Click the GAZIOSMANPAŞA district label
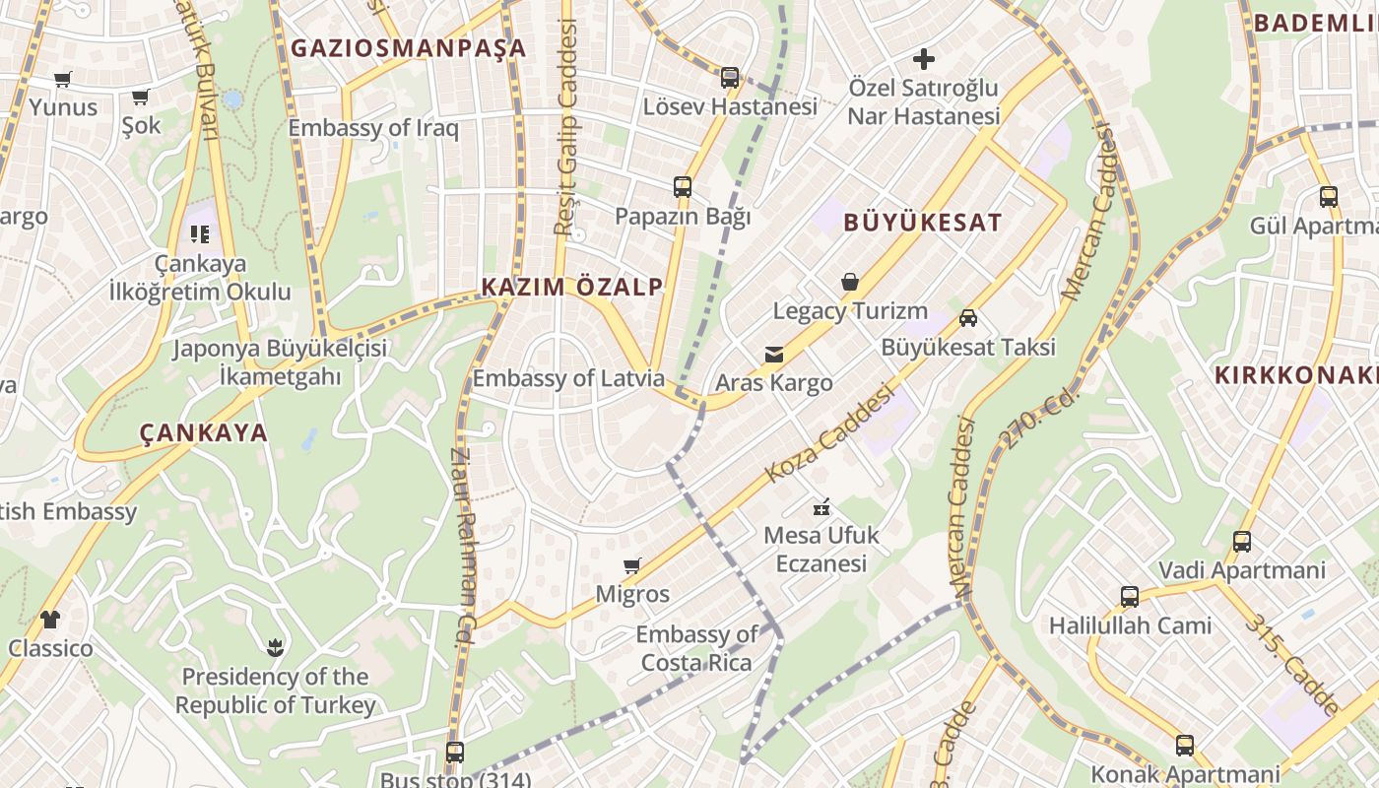point(408,48)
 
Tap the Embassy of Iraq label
point(373,128)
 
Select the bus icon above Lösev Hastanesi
point(729,78)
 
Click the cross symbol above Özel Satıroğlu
point(923,59)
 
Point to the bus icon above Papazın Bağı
point(683,186)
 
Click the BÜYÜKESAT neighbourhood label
point(922,223)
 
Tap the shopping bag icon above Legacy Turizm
point(850,283)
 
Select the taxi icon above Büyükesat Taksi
point(968,318)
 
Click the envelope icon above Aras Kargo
point(774,355)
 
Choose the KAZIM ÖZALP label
point(571,287)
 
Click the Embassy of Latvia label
point(568,378)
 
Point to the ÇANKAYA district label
point(204,432)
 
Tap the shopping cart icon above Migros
point(632,566)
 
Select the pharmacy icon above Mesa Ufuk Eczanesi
point(821,508)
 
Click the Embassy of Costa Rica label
point(696,648)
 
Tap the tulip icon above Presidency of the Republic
point(275,647)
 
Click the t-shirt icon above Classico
point(50,620)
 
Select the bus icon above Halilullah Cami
point(1129,597)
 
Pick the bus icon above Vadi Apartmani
point(1241,542)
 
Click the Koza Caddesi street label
point(829,433)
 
